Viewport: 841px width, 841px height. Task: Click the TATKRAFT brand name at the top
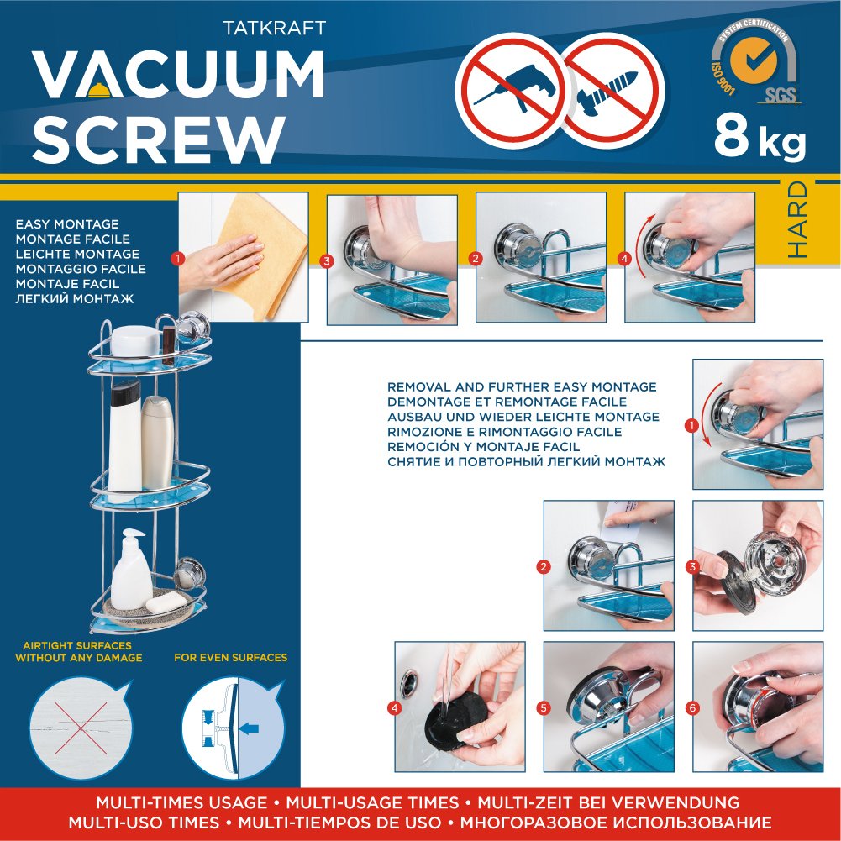pos(274,28)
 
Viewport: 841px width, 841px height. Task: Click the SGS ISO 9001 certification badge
pos(754,63)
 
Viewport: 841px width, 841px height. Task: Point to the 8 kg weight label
pos(760,139)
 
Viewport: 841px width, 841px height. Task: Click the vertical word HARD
pos(797,219)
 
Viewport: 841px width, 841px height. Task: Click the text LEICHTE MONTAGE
pos(77,254)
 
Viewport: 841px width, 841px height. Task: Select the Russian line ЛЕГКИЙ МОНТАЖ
pos(75,299)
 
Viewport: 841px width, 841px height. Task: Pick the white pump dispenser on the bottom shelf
pos(130,570)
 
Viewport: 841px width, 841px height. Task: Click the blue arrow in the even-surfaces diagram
pos(249,728)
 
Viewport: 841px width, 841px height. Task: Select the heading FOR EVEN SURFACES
pos(231,658)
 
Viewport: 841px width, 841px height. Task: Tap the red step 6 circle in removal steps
pos(692,708)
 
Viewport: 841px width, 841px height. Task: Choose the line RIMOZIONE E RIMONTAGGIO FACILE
pos(504,432)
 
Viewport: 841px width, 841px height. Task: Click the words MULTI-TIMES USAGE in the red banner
pos(181,803)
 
